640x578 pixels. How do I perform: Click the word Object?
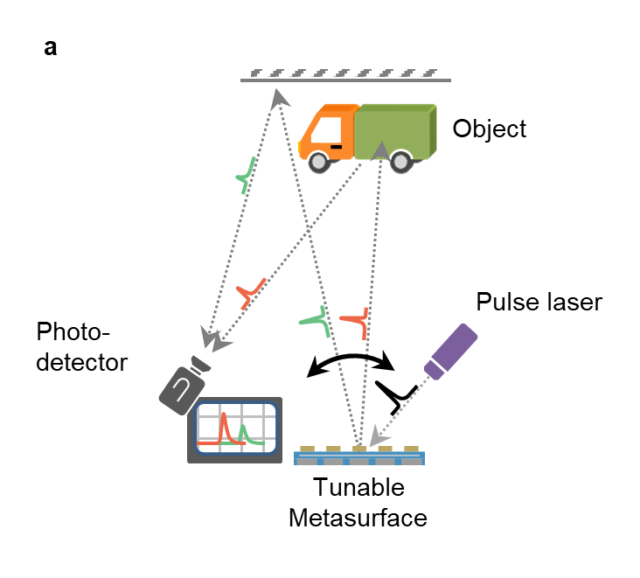click(x=490, y=129)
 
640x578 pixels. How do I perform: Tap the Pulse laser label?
click(x=539, y=303)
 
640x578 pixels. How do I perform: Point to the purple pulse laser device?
click(x=451, y=352)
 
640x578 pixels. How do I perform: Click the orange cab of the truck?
click(x=328, y=132)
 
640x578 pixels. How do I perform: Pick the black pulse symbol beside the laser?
click(x=397, y=396)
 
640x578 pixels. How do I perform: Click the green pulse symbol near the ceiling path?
click(x=247, y=175)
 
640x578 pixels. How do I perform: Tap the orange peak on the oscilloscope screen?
click(x=224, y=427)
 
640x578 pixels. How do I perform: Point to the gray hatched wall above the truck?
click(x=345, y=75)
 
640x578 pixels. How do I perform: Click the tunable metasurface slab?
click(x=360, y=455)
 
